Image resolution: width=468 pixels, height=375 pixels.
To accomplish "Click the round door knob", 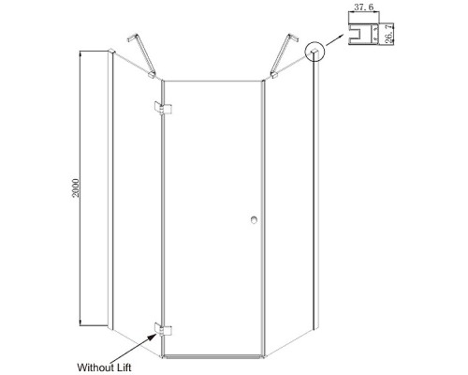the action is point(254,219).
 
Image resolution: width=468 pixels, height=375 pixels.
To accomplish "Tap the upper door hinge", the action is point(163,108).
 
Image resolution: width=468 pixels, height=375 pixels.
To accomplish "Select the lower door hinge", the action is point(163,329).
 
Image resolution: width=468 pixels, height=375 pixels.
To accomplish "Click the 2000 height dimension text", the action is point(76,187).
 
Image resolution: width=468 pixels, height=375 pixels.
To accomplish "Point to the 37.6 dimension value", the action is point(363,7).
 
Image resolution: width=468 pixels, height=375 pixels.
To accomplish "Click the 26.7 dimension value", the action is point(388,35).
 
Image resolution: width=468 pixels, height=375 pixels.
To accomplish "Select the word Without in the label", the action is point(95,367).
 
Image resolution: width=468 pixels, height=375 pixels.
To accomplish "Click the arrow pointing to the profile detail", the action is point(335,39).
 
